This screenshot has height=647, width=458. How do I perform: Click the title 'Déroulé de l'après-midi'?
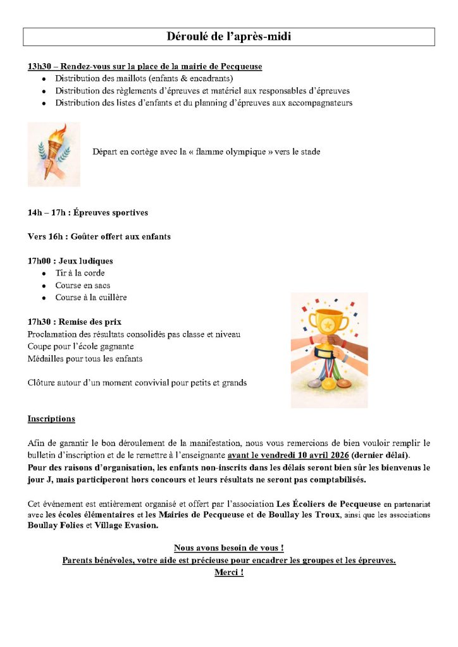point(228,37)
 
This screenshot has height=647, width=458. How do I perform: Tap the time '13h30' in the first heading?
point(38,66)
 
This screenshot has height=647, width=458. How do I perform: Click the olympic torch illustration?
point(54,154)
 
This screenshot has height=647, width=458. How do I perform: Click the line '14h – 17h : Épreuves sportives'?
point(87,213)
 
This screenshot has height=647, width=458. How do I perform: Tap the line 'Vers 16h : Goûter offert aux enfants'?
point(99,237)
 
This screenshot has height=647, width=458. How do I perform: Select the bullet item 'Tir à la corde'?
point(80,274)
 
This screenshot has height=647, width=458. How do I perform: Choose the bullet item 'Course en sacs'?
point(82,286)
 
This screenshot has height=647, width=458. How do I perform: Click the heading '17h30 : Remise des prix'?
point(75,322)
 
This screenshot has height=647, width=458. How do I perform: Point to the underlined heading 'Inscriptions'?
point(51,419)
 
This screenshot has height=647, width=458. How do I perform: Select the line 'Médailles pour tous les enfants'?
point(85,359)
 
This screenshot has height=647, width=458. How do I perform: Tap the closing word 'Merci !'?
point(229,572)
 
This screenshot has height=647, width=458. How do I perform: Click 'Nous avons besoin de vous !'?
point(229,548)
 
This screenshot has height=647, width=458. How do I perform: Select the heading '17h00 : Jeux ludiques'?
point(70,261)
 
